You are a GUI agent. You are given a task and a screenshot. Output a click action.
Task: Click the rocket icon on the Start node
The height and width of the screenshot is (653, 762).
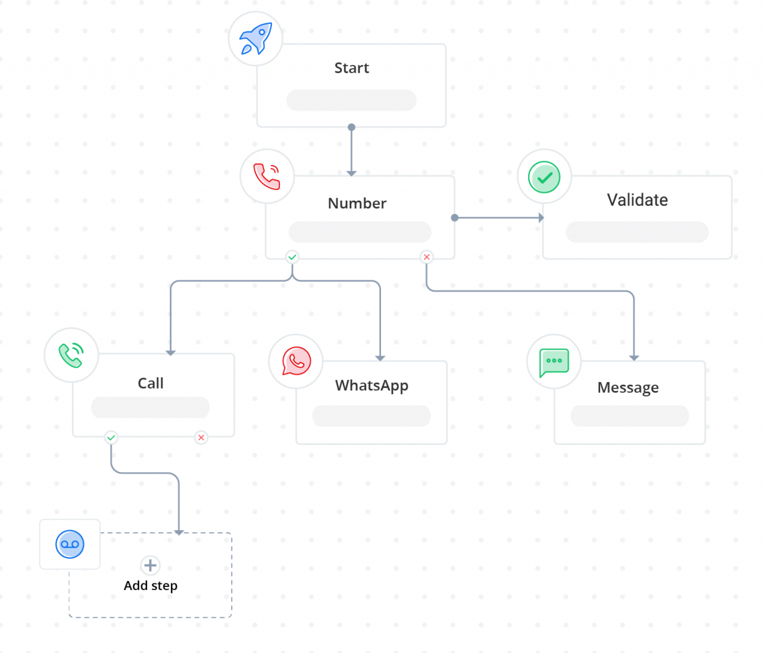pyautogui.click(x=255, y=39)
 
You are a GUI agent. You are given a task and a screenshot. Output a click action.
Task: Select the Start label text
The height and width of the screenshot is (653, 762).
pyautogui.click(x=351, y=68)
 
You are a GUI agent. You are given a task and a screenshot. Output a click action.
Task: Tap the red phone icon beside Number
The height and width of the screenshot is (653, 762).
pyautogui.click(x=267, y=176)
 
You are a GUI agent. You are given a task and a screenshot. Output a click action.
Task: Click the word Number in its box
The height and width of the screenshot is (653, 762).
pyautogui.click(x=357, y=204)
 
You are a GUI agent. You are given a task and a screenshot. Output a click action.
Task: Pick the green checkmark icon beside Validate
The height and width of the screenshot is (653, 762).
pyautogui.click(x=544, y=177)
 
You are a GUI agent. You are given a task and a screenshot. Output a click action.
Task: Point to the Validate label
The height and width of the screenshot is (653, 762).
pyautogui.click(x=637, y=200)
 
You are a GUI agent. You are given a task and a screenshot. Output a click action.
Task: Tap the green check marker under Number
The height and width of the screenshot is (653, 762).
pyautogui.click(x=292, y=257)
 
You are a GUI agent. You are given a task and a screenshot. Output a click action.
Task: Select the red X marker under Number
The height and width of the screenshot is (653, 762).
pyautogui.click(x=426, y=257)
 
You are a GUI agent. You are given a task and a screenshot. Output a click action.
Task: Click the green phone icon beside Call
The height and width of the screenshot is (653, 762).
pyautogui.click(x=71, y=355)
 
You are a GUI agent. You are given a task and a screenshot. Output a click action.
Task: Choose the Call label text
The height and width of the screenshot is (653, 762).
pyautogui.click(x=151, y=383)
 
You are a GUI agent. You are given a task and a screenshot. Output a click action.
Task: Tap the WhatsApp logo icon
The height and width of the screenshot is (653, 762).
pyautogui.click(x=296, y=361)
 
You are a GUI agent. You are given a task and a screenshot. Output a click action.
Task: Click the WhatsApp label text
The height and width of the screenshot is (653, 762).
pyautogui.click(x=371, y=386)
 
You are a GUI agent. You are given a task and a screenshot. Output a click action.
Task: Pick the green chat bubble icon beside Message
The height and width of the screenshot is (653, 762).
pyautogui.click(x=554, y=362)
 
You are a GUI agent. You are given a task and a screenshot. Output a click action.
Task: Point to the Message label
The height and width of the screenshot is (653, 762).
pyautogui.click(x=628, y=388)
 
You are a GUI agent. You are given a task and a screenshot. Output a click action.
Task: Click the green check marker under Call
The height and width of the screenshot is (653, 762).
pyautogui.click(x=111, y=438)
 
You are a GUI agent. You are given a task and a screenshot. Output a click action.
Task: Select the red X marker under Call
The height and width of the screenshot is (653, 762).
pyautogui.click(x=201, y=438)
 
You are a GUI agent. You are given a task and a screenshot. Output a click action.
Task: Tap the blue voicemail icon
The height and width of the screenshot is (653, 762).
pyautogui.click(x=70, y=544)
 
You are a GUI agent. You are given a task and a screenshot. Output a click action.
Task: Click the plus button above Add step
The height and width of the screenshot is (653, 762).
pyautogui.click(x=150, y=565)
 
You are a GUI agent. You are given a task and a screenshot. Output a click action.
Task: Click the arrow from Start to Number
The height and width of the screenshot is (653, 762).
pyautogui.click(x=351, y=151)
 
